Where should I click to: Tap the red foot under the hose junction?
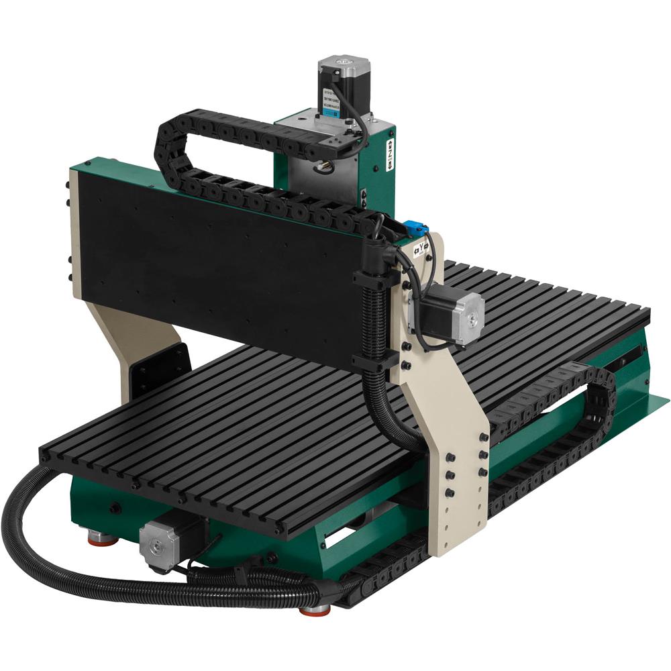point(314,609)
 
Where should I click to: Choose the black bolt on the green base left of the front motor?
point(115,508)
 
